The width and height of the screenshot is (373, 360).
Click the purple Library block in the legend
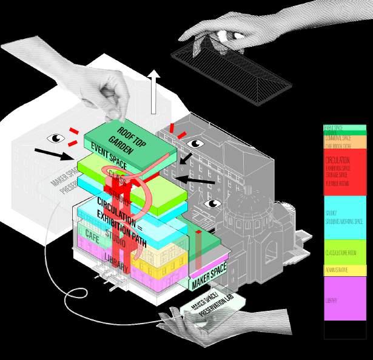(344, 298)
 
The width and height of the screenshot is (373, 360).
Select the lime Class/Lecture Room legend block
(344, 253)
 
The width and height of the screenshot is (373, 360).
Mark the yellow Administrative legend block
(344, 270)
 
